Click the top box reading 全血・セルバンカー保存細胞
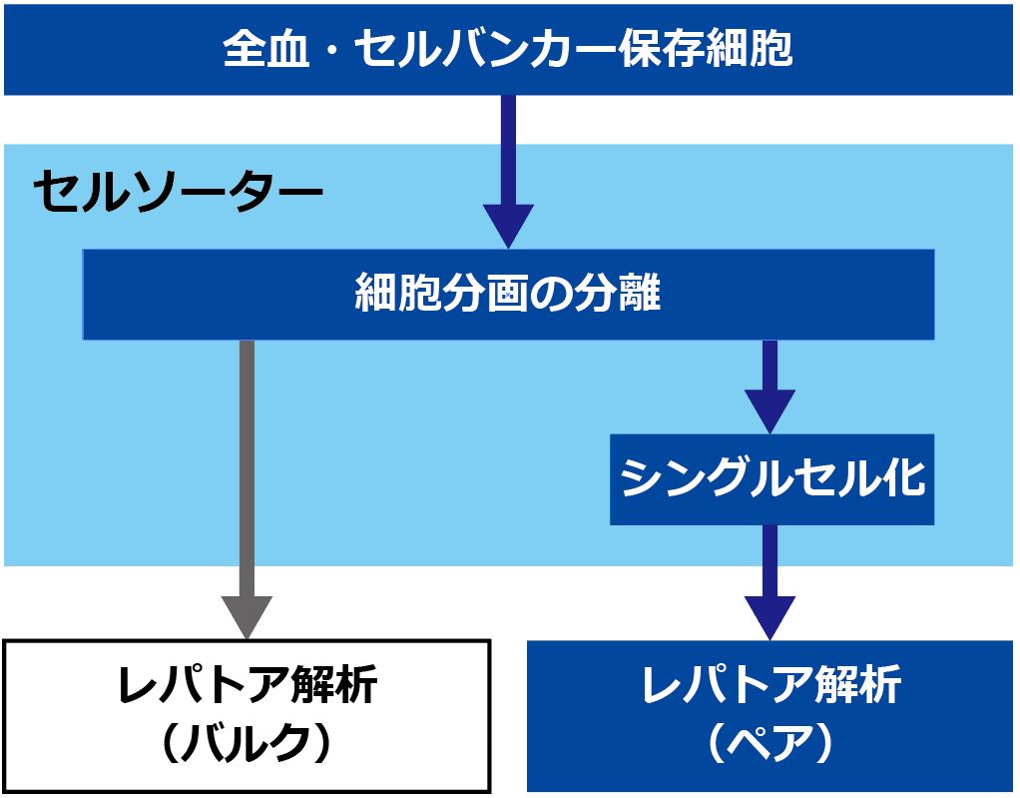point(508,50)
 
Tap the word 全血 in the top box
point(265,49)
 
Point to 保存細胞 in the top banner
point(706,49)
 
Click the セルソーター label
point(179,192)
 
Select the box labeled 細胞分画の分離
point(508,295)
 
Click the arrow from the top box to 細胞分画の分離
point(508,172)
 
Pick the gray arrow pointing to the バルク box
point(247,489)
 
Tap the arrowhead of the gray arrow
point(247,617)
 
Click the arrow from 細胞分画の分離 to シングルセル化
point(769,387)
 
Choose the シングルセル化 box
point(771,479)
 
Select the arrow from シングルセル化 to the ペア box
point(769,582)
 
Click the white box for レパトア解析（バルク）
point(248,716)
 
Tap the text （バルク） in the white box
point(248,743)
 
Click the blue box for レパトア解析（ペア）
point(769,716)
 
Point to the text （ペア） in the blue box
point(770,743)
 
